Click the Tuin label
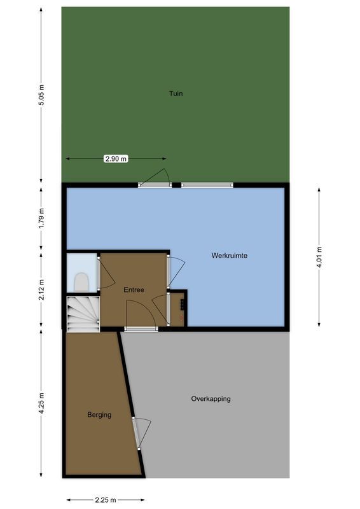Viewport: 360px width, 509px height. point(176,94)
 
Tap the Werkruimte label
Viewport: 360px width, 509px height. point(229,256)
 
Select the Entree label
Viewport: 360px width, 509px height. point(134,290)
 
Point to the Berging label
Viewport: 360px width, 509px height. point(99,415)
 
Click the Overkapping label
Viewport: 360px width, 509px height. point(211,399)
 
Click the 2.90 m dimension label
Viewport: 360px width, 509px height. point(116,159)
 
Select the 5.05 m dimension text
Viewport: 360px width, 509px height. point(41,94)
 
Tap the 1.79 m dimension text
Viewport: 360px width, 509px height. point(41,218)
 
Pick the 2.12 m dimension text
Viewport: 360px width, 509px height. point(41,289)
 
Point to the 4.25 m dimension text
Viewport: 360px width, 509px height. point(41,403)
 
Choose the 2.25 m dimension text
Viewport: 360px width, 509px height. point(106,499)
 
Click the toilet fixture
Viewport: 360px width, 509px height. point(81,281)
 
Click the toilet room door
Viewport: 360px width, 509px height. point(106,272)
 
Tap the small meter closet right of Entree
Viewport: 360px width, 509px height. point(178,309)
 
